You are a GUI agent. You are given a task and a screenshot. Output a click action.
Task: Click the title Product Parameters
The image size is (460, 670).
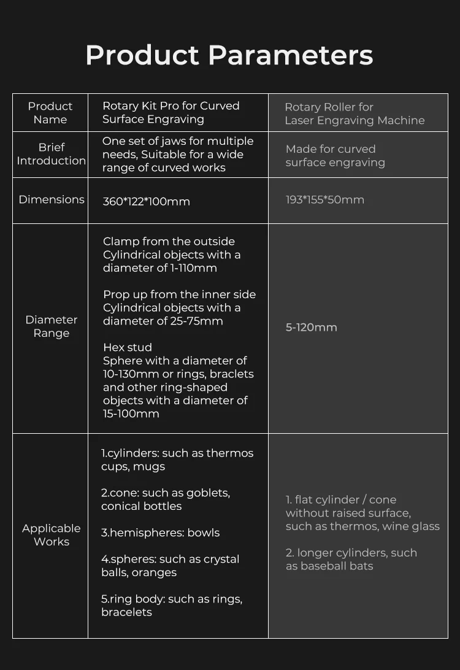coord(229,55)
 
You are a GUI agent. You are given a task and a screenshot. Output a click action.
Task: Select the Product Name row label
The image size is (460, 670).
coord(50,113)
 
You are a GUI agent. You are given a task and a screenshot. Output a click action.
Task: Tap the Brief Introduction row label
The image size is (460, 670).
coord(52,154)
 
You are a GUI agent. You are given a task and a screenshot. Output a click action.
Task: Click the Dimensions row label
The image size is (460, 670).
coord(52,199)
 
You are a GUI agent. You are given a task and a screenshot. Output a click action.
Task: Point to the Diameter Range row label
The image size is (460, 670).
coord(52,326)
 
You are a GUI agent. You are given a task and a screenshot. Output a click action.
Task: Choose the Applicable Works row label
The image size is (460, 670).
coord(52,535)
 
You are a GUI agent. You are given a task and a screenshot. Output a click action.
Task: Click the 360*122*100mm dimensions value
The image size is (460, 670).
coord(147,201)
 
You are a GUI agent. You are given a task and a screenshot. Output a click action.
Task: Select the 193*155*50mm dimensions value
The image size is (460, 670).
coord(325,199)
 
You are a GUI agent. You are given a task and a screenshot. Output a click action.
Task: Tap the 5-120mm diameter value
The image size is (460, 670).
coord(312,327)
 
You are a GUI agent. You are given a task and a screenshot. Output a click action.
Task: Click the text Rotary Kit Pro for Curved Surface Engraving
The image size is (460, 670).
coord(171,112)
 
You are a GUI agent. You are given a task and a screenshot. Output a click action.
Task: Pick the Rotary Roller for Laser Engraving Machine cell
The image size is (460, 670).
coord(355,114)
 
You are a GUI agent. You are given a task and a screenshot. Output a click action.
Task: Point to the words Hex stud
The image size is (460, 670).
coord(128,347)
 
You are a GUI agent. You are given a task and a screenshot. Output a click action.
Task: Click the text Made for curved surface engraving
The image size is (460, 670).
coord(335,156)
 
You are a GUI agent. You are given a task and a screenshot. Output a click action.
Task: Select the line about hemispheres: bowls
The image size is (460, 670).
coord(161,533)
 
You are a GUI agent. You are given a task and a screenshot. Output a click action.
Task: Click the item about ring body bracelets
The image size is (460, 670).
coord(172,606)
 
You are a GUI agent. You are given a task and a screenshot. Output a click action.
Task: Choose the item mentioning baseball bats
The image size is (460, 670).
coord(351,559)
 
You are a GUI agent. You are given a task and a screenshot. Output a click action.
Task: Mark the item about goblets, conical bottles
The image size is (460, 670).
coord(166,499)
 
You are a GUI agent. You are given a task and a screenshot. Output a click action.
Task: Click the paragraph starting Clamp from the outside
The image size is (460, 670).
coord(172,255)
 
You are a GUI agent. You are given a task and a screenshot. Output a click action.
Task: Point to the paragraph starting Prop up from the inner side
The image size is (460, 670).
coord(179,307)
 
